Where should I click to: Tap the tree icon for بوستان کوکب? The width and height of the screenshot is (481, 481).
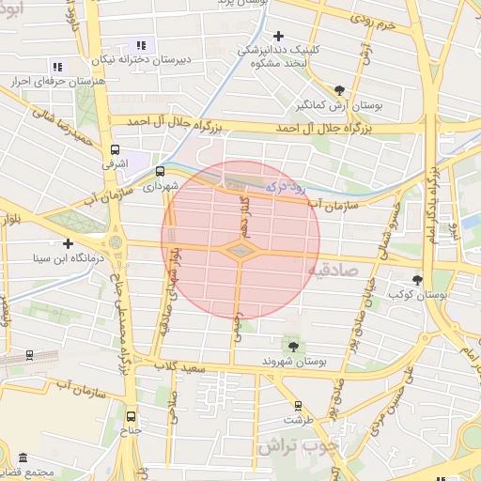pos(418,280)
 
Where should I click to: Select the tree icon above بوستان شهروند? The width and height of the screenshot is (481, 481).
pos(290,345)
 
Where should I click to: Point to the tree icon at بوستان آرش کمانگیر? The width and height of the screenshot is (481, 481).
pos(339,90)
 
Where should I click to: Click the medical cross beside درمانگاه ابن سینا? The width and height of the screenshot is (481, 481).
pos(68,243)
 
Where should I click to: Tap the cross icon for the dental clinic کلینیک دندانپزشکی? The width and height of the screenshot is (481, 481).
pos(278,36)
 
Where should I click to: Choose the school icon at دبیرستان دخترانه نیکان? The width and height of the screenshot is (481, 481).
pos(142,45)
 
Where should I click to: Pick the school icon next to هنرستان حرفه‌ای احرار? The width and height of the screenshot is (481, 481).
pos(57,67)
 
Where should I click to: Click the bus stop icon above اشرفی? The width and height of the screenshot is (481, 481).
pos(116,149)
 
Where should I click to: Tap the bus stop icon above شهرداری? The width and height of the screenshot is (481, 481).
pos(160,172)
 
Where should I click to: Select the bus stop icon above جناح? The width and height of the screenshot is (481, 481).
pos(131,416)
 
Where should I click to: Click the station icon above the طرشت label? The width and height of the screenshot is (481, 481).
pos(299,407)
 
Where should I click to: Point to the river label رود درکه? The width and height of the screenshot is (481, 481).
pos(286,188)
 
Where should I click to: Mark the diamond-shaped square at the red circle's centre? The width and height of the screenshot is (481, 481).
pos(240,251)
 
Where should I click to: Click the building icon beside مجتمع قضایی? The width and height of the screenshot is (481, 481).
pos(23,457)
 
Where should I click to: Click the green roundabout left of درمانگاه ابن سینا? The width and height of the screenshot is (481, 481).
pos(116,243)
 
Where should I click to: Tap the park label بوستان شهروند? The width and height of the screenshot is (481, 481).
pos(291,362)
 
